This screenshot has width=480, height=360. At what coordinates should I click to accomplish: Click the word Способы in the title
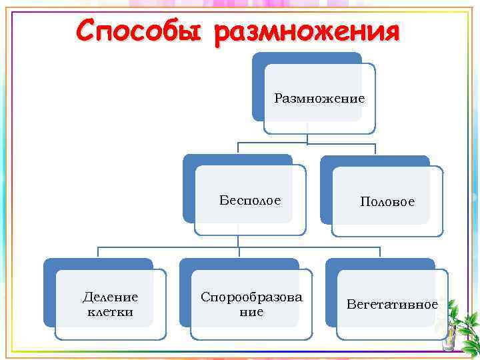141,31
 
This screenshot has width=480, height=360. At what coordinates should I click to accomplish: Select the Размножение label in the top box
319,99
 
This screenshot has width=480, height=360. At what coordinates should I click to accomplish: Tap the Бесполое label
250,200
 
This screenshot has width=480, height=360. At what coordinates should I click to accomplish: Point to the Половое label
387,201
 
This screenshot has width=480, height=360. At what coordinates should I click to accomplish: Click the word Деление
110,297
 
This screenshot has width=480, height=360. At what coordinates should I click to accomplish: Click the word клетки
110,311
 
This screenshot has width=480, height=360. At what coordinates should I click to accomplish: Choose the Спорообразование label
251,304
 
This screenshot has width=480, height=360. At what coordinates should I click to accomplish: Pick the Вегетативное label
392,305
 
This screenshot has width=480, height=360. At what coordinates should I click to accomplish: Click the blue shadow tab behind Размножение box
258,87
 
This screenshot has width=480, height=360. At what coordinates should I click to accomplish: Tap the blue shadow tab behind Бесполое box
189,190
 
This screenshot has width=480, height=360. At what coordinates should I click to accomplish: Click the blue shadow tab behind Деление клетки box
49,293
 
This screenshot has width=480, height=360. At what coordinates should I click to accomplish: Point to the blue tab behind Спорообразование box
185,293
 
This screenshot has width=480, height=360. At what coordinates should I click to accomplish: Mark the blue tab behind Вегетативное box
331,293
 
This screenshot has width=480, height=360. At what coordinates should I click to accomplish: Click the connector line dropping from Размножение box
307,138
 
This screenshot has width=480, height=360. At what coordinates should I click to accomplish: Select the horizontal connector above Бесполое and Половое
307,143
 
